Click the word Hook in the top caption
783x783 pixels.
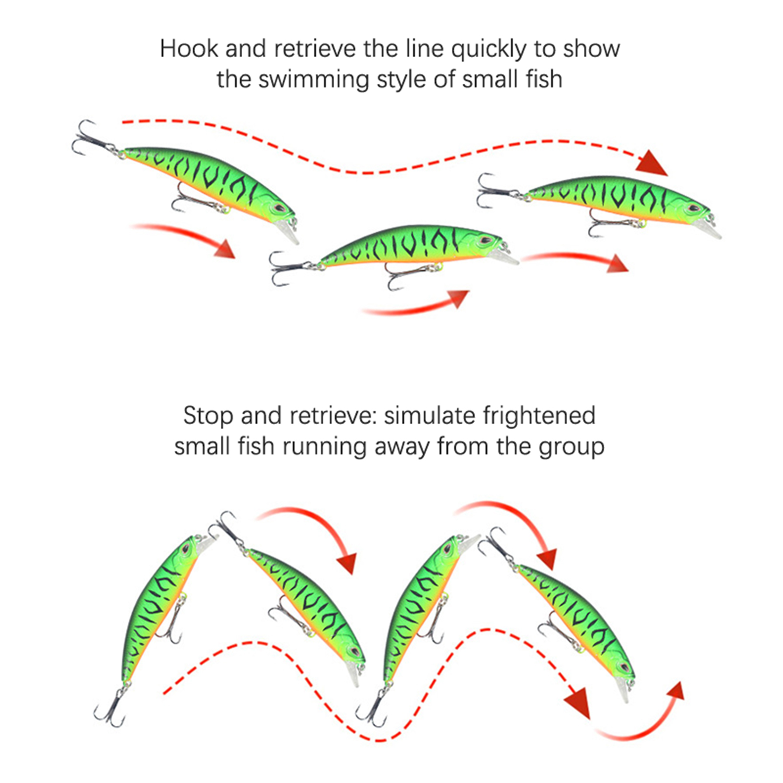click(188, 49)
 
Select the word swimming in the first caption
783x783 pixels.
click(313, 80)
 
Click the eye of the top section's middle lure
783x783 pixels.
click(485, 241)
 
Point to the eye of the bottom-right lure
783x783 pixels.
click(622, 668)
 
